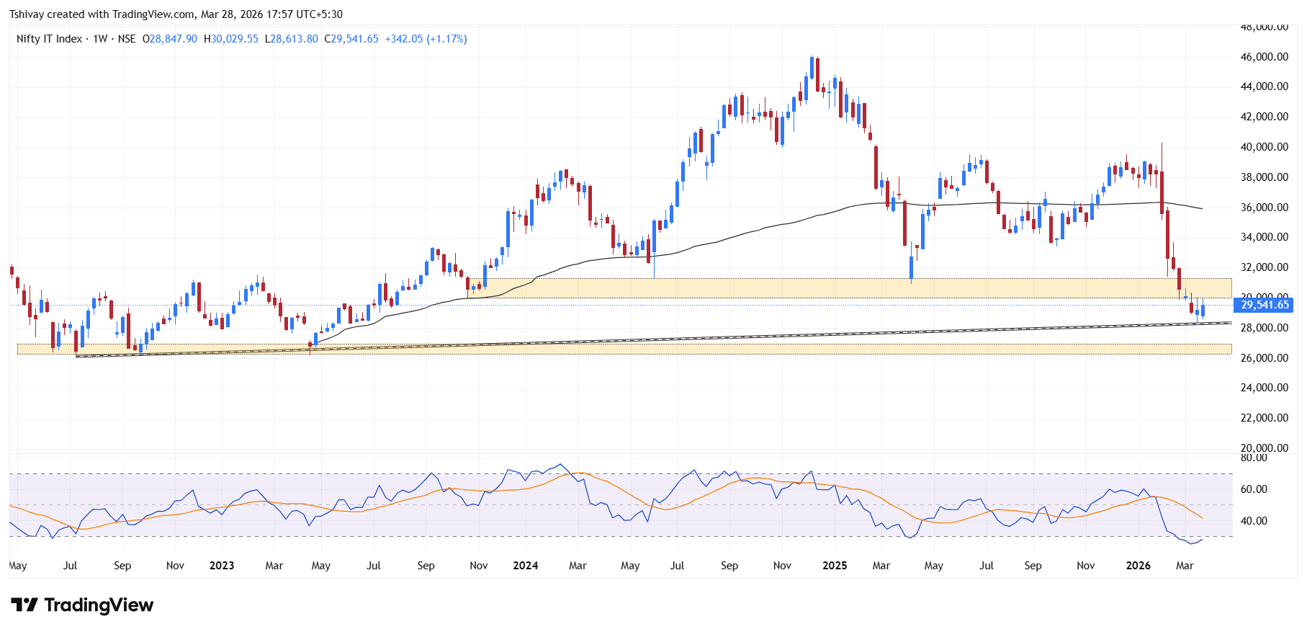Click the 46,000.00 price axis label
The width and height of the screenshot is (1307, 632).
tap(1264, 57)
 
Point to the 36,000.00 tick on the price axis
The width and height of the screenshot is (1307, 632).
tap(1264, 208)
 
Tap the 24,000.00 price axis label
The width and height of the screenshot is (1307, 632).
tap(1264, 388)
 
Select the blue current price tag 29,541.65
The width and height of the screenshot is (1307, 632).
tap(1265, 305)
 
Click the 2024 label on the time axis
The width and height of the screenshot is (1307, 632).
tap(525, 566)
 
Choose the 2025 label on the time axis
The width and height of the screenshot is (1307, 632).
tap(835, 566)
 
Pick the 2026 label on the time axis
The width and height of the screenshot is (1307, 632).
tap(1138, 566)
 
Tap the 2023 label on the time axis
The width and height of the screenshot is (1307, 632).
tap(222, 566)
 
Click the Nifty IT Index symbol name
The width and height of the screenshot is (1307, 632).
tap(49, 39)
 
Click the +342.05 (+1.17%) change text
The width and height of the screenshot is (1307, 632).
tap(426, 39)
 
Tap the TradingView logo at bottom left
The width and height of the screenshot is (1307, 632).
tap(82, 605)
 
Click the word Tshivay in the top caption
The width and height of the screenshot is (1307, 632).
tap(27, 14)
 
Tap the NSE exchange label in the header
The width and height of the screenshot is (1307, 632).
tap(127, 39)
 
